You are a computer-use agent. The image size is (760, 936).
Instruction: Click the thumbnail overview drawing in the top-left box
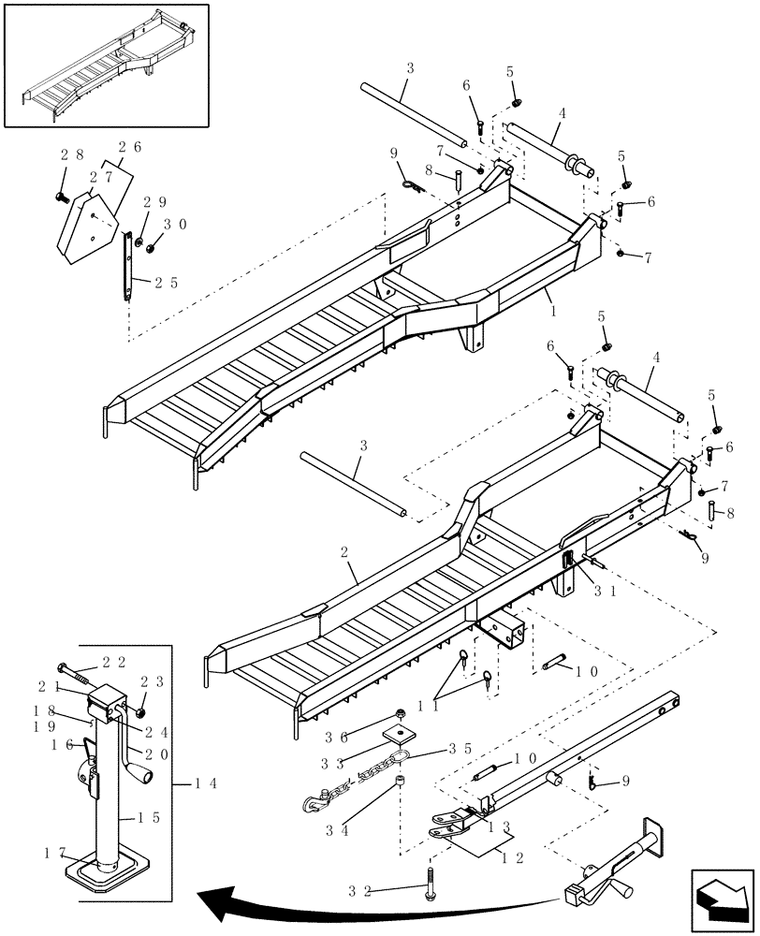tap(105, 65)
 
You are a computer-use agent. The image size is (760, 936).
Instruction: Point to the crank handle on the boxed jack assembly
tap(141, 777)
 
